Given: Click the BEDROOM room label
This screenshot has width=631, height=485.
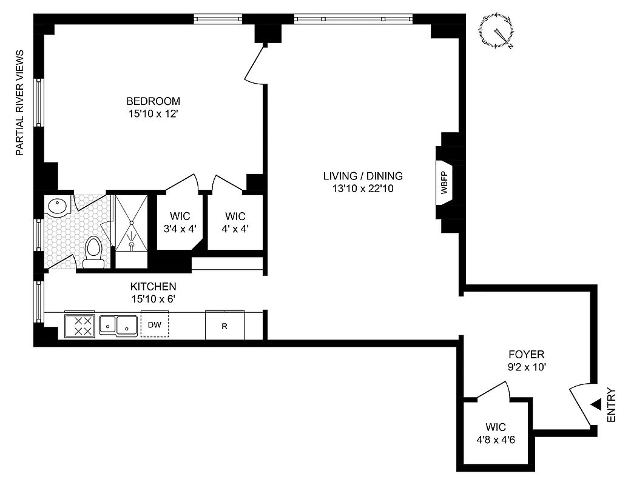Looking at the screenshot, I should click(x=153, y=101).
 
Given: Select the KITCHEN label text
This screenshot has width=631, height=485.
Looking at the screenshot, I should click(x=153, y=287).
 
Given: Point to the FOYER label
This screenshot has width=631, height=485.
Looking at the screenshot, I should click(x=525, y=355).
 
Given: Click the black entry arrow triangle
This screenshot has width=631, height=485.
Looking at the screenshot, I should click(x=596, y=404).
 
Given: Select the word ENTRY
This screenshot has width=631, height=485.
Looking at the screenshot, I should click(x=611, y=405).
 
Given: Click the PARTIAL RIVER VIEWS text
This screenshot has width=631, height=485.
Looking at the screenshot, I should click(x=19, y=103).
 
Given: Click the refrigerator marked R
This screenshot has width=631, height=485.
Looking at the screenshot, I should click(x=224, y=326).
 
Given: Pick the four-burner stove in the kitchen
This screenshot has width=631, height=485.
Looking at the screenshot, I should click(x=79, y=326).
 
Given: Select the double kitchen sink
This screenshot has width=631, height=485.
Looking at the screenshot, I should click(x=118, y=326).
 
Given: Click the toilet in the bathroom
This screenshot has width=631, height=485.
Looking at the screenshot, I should click(x=93, y=252).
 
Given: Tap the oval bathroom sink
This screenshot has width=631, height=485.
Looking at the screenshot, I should click(x=59, y=207).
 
